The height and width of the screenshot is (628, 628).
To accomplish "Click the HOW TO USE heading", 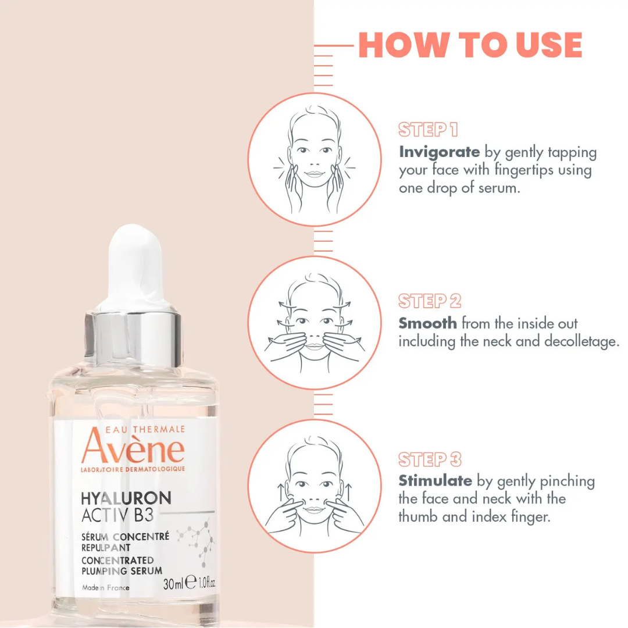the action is (x=470, y=45).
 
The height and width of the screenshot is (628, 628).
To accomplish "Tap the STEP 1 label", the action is (x=428, y=129).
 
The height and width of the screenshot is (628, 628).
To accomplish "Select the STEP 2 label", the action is (x=429, y=301).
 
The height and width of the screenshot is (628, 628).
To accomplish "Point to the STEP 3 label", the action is (x=430, y=459).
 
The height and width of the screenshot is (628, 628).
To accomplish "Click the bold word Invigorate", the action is (x=440, y=152).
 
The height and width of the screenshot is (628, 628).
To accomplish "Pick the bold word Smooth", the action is (x=428, y=323).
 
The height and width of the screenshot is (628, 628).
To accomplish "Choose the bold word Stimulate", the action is (x=436, y=480).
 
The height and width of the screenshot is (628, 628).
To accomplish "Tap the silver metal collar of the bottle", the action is (x=133, y=338).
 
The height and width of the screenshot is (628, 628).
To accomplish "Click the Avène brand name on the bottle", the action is (x=133, y=448).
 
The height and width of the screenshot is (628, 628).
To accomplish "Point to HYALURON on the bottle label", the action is (x=126, y=498).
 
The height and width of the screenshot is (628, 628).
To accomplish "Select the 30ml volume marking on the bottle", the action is (x=173, y=584).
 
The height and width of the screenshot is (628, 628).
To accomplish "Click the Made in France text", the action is (x=106, y=587).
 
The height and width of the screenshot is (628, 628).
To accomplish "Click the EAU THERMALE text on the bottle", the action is (x=145, y=429).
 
